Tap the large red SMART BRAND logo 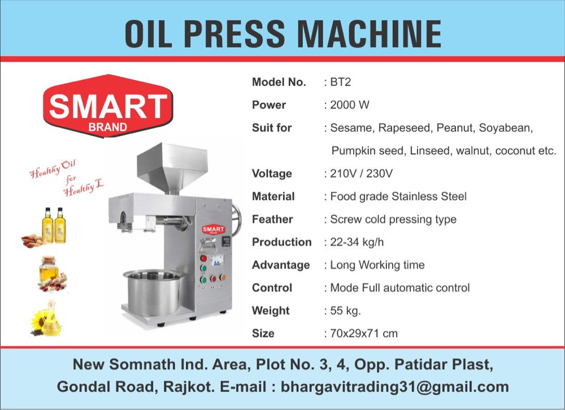point(108,106)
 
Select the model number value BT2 point(340,82)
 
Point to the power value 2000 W point(350,105)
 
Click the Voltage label point(272,174)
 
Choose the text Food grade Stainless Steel point(398,196)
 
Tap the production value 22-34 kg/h point(357,242)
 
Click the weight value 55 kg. point(345,310)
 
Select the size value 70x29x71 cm point(364,333)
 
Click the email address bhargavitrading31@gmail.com point(394,387)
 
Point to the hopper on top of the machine point(172,167)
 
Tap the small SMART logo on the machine point(214,230)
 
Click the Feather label point(272,219)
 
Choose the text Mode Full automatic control point(400,288)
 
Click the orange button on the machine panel point(222,278)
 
